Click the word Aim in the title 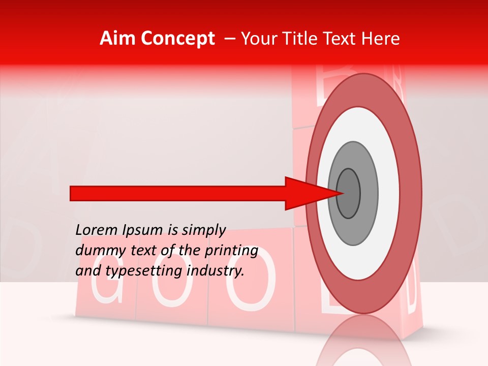tap(118, 39)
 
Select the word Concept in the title tap(178, 39)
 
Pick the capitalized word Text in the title tap(341, 39)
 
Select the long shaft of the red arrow tap(178, 193)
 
